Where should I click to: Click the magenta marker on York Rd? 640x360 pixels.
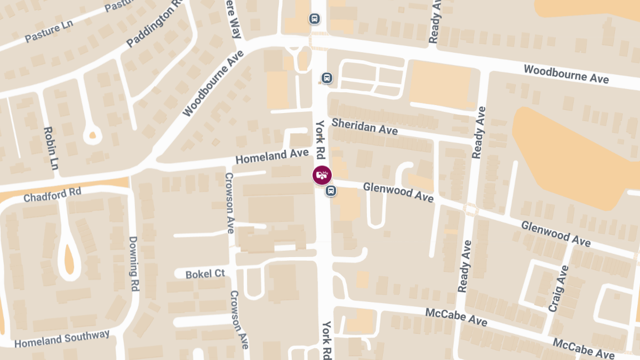322,174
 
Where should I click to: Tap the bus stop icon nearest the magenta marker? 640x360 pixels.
331,190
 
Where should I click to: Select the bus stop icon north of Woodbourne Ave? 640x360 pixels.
315,19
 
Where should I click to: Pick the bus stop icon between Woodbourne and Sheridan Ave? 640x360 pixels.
327,78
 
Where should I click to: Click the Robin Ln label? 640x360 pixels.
51,148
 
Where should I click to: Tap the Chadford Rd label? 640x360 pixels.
52,194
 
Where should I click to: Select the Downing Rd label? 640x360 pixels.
133,263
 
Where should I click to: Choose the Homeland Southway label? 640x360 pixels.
62,339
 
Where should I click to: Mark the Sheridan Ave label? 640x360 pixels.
364,126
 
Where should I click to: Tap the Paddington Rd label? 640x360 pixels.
154,27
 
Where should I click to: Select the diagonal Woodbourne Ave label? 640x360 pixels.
213,83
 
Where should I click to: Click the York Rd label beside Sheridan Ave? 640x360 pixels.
320,140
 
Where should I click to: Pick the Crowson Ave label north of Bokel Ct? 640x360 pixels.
229,203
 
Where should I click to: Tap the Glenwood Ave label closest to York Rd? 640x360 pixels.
398,192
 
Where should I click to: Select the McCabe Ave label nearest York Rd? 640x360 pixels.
456,317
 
